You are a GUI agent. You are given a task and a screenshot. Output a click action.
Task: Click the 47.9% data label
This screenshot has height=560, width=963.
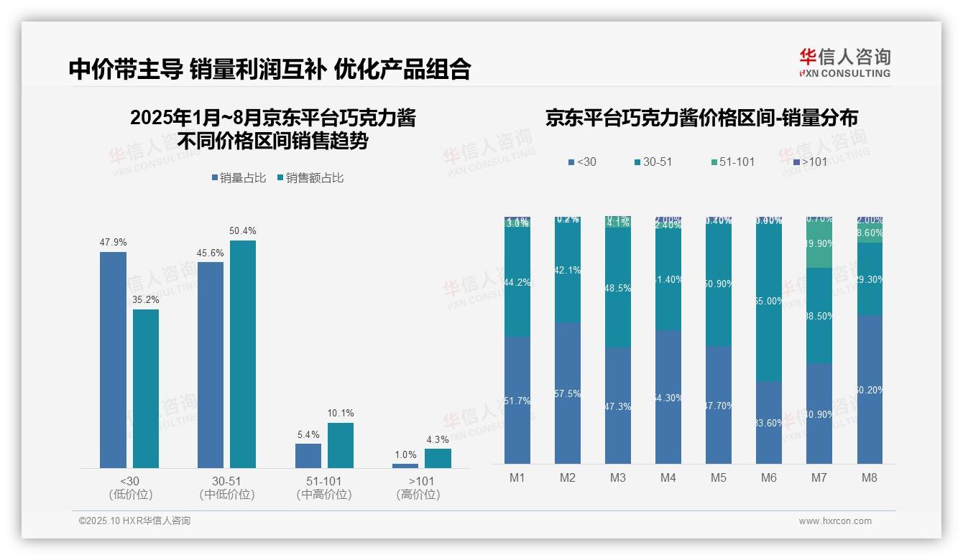pos(113,243)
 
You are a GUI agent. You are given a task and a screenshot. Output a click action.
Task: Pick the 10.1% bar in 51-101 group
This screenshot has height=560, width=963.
pos(341,445)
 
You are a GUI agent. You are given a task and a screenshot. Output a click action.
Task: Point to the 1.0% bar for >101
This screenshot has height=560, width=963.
pos(405,465)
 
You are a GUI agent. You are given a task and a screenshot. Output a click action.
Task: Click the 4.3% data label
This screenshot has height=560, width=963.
pos(438,439)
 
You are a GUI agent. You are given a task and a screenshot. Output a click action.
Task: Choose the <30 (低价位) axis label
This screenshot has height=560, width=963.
pos(130,487)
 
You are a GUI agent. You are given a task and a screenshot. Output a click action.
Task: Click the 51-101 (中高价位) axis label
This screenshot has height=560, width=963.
pos(324,487)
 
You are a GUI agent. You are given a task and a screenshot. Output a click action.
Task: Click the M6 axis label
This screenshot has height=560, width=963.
pos(769,477)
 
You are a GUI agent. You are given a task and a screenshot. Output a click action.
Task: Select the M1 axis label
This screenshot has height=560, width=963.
pos(517,477)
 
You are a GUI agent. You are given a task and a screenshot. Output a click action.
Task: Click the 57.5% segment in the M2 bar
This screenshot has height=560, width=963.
pos(568,393)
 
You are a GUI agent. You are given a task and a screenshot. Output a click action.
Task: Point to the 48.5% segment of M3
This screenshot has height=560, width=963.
pos(618,288)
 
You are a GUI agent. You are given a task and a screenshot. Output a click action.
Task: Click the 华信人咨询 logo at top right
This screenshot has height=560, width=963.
pos(844,62)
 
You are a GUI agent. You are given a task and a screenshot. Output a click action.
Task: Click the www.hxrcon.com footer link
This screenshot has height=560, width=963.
pos(834,521)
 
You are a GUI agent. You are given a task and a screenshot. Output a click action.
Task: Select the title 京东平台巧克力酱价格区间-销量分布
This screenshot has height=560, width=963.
pos(701,118)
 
